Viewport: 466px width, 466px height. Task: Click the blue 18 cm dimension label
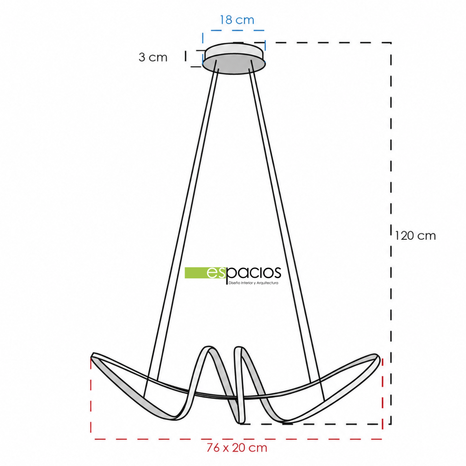tap(237, 20)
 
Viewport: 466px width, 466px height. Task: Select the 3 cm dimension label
tap(153, 57)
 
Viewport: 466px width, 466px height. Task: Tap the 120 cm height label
tap(415, 236)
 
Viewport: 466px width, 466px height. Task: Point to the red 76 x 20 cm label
tap(237, 448)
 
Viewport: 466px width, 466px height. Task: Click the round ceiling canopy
tap(234, 59)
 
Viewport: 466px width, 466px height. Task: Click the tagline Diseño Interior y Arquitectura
tap(253, 283)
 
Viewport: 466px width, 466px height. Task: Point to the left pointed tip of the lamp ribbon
tap(92, 355)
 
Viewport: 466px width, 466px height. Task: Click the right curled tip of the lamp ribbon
tap(377, 357)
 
